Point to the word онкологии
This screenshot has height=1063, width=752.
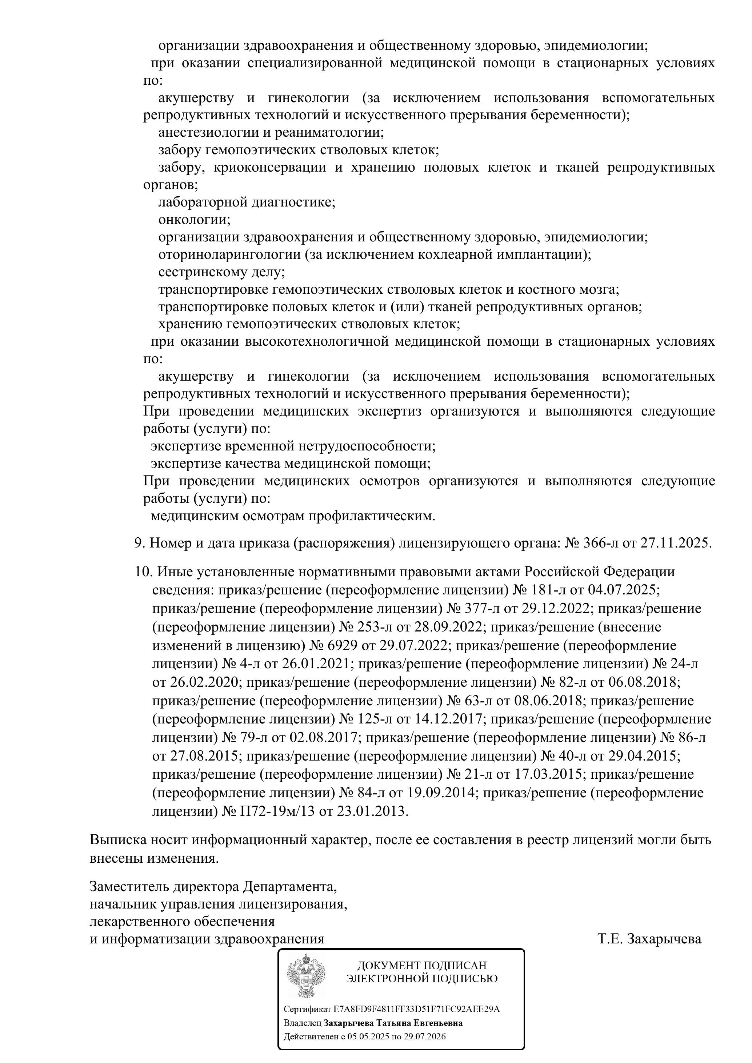[194, 220]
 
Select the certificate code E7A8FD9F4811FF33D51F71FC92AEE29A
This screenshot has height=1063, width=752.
[417, 1009]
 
